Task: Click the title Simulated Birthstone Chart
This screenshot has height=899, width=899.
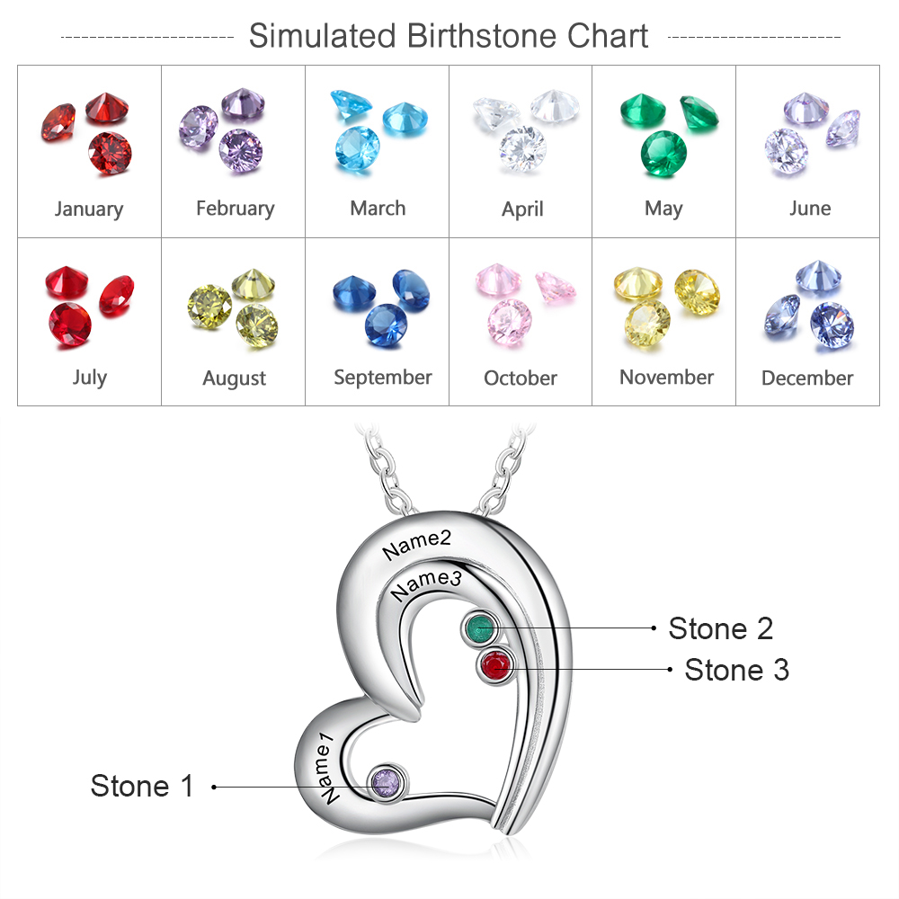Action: [x=449, y=36]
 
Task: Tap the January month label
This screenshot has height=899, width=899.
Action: [x=89, y=209]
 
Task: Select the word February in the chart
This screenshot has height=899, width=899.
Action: [x=235, y=209]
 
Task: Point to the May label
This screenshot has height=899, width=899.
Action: [x=663, y=209]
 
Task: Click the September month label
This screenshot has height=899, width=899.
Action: [x=383, y=378]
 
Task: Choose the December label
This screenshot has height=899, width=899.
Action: [x=807, y=378]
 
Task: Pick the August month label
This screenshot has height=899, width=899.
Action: [x=235, y=378]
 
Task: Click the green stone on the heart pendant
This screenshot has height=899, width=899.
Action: [x=481, y=627]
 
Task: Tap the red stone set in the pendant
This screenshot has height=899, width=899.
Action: [x=495, y=666]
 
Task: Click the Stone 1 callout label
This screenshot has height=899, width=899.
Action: [x=142, y=786]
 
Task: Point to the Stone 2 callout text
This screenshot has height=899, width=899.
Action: [x=720, y=628]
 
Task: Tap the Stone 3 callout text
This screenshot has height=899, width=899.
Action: [x=736, y=670]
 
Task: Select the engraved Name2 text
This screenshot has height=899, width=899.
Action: [x=416, y=543]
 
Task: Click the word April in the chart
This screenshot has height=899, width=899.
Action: [x=522, y=209]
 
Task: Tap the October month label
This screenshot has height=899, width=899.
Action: [x=521, y=378]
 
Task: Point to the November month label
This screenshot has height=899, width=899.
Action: [x=666, y=378]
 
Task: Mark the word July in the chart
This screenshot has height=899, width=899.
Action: [x=89, y=378]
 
